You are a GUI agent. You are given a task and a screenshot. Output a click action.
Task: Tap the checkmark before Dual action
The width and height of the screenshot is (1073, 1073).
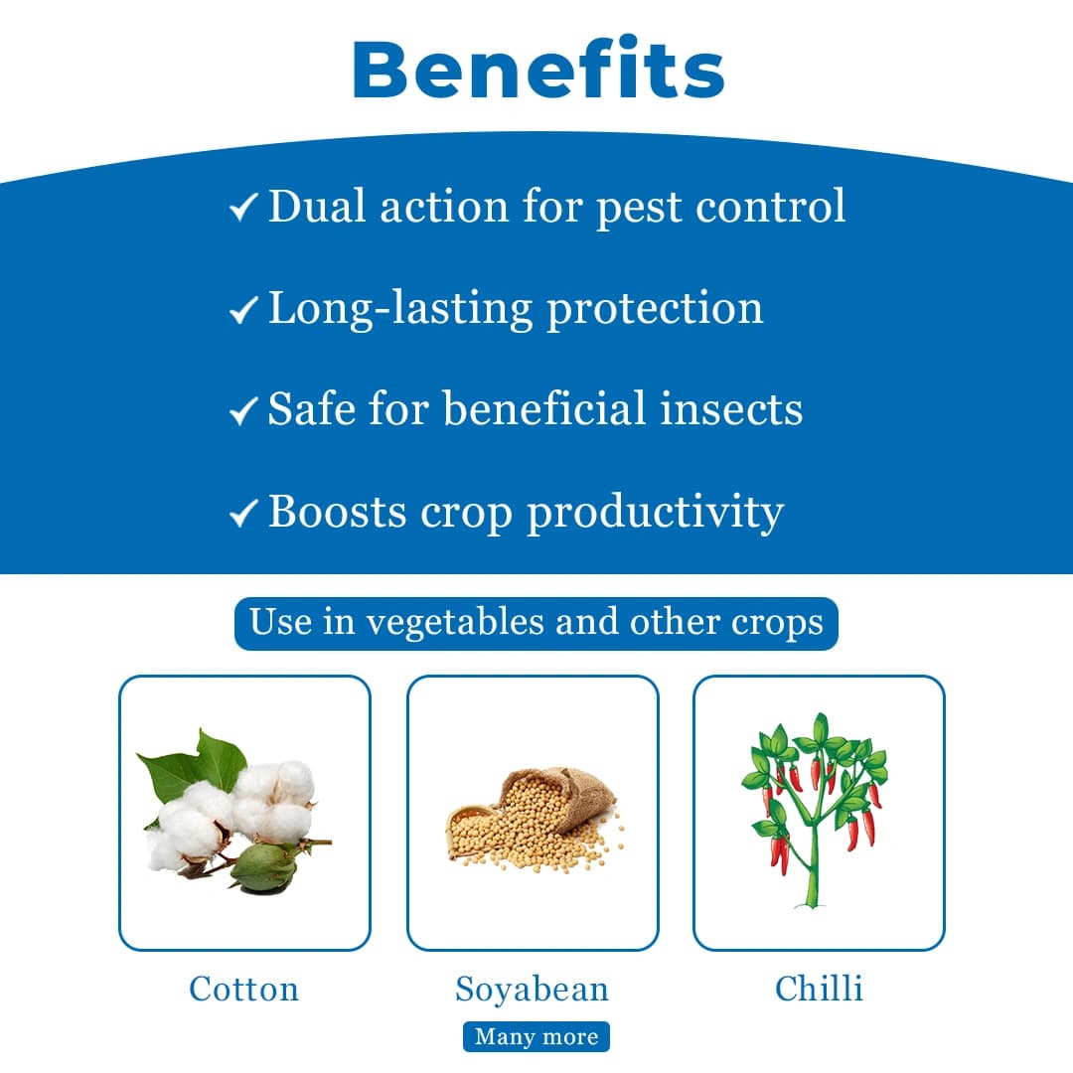pos(242,208)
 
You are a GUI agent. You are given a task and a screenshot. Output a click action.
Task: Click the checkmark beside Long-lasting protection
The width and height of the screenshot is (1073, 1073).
pos(242,311)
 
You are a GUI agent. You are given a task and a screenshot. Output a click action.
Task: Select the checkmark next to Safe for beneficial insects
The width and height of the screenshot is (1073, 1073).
pos(242,411)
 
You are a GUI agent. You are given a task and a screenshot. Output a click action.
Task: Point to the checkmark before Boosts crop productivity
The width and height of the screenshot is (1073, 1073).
pos(242,514)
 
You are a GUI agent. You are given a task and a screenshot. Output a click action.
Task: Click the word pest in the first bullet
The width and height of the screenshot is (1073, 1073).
pos(638,208)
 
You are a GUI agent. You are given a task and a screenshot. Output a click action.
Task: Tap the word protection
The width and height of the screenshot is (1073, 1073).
pos(655,309)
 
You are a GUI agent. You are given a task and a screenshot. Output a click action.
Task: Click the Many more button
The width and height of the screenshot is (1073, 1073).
pos(536,1036)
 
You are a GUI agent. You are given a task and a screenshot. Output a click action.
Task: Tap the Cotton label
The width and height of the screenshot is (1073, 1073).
pos(243,989)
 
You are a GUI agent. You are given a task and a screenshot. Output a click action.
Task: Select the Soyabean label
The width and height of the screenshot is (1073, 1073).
pos(532,989)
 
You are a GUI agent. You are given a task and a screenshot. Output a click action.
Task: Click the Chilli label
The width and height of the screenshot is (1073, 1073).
pos(819,989)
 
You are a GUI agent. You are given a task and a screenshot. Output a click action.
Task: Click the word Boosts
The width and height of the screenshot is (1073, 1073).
pos(337,512)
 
